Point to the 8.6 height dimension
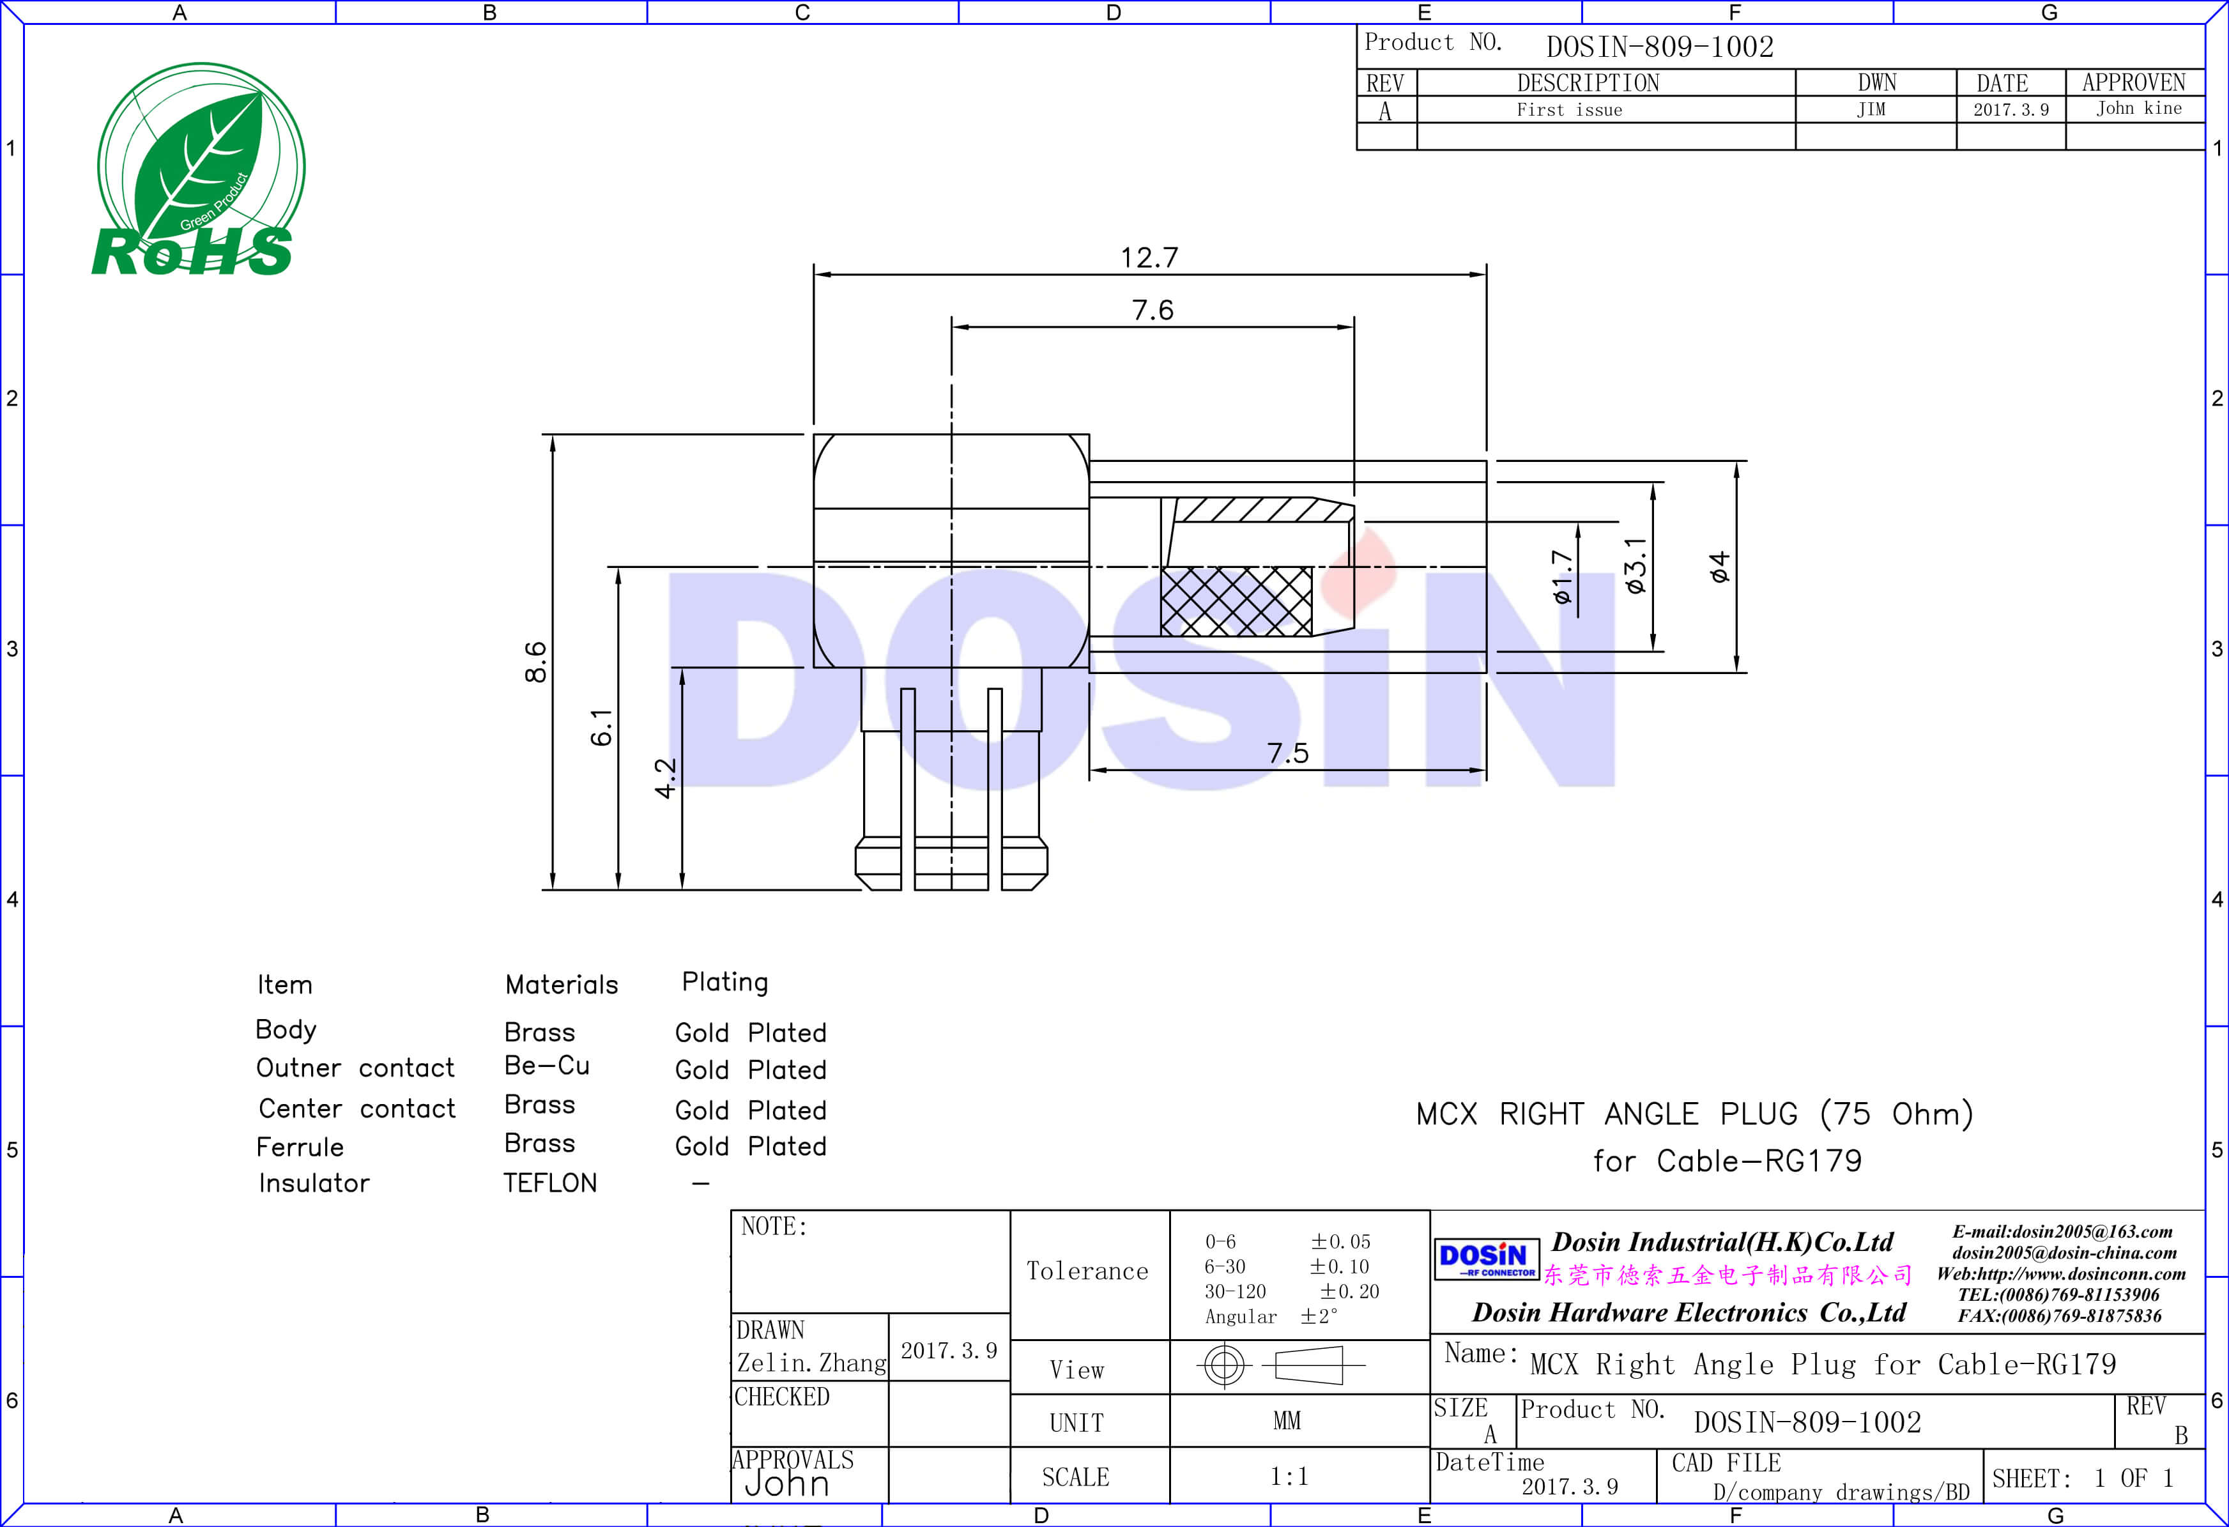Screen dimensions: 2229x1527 [535, 662]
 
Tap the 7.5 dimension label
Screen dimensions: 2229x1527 [1287, 753]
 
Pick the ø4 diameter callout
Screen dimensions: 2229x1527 [1720, 567]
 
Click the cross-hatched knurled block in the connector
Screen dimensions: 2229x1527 [1236, 601]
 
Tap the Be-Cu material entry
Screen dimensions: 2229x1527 [547, 1066]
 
